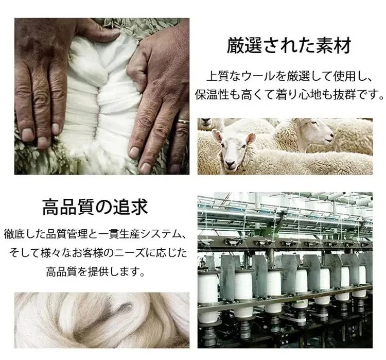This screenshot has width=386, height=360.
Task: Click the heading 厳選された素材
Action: [x=289, y=46]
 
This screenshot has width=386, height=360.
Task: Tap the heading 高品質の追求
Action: [x=95, y=207]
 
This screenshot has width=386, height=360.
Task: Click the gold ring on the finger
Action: [x=183, y=122]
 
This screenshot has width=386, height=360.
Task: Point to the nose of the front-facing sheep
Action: [x=230, y=163]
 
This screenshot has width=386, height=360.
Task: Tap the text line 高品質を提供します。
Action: [x=95, y=272]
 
